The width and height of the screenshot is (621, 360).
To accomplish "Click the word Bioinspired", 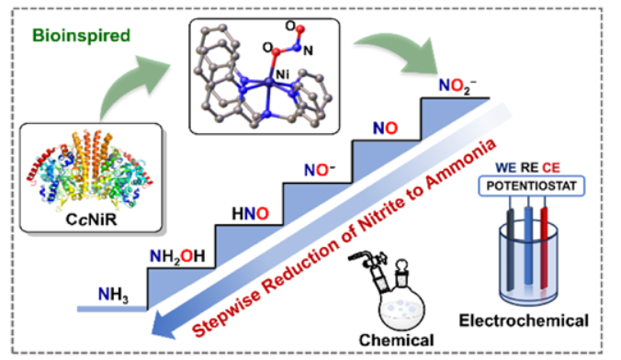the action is (x=81, y=35).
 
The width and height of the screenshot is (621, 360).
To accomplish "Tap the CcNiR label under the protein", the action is (x=91, y=219).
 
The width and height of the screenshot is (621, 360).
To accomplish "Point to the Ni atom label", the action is (x=282, y=73).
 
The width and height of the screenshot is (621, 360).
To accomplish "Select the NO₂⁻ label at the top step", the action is (x=457, y=86).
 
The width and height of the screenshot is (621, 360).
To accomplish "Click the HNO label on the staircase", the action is (x=250, y=214).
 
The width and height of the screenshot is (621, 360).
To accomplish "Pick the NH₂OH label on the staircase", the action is (x=177, y=256).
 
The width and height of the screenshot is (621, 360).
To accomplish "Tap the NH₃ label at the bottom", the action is (x=113, y=295).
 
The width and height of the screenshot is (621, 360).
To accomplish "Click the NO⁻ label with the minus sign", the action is (x=320, y=170).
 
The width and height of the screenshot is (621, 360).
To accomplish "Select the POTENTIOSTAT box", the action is (x=532, y=186).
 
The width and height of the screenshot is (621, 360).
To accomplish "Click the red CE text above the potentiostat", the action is (x=551, y=167).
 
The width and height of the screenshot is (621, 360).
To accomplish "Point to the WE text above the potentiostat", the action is (x=506, y=167).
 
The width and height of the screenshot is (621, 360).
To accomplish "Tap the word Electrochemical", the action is (x=524, y=321).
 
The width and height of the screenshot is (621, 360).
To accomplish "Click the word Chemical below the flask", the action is (x=397, y=340).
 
